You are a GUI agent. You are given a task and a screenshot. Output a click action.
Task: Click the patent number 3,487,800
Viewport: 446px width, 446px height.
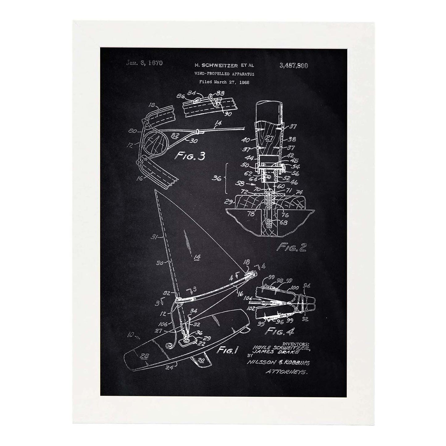point(294,65)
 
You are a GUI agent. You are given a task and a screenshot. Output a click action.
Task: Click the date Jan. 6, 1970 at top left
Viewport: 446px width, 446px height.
point(144,63)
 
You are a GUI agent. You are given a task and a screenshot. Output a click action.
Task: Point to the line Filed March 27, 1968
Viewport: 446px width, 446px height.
point(224,82)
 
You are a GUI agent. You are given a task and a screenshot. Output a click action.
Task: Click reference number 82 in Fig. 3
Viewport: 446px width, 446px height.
point(175,135)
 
